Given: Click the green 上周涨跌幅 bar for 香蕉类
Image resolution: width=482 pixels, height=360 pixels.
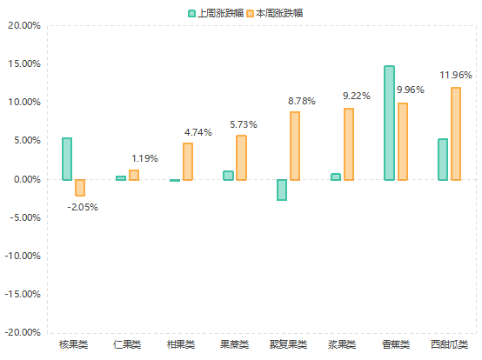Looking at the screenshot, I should point(389,123).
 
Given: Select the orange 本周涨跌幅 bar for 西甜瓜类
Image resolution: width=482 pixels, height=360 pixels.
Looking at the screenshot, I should point(456,134).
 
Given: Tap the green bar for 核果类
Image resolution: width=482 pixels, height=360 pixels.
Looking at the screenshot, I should point(67,158).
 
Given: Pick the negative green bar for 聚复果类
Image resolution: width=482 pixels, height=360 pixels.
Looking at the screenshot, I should point(282,190).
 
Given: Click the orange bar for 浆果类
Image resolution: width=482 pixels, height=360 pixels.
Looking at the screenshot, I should point(349,144).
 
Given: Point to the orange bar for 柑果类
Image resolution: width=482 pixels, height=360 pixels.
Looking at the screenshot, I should point(188,162).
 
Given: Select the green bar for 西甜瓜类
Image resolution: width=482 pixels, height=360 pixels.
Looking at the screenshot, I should point(443,159).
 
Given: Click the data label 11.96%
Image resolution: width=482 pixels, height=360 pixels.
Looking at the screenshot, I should point(457,75).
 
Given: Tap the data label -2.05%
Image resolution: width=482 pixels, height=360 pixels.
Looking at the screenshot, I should point(83,207).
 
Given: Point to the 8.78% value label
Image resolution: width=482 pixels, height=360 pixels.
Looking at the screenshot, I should point(301,102).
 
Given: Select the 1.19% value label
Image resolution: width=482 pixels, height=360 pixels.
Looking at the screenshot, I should point(144,158).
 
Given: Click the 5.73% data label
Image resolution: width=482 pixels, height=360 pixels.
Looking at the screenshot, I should point(244,125).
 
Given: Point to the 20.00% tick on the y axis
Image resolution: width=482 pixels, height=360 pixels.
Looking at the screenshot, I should point(23,25).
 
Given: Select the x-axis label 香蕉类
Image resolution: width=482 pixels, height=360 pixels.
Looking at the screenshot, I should point(395,344).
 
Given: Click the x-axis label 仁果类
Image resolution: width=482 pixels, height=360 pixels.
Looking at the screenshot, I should point(128,344).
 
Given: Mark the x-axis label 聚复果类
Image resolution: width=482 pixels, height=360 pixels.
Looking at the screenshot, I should point(288,344).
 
